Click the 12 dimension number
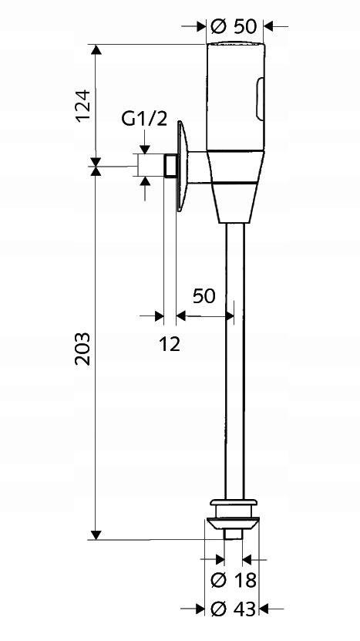coord(170,344)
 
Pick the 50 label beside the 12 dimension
coord(204,296)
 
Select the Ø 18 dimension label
coord(234,579)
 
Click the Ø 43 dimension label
coord(234,610)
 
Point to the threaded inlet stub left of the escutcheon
coord(170,165)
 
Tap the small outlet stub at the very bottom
coord(233,535)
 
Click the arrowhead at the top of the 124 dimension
coord(96,51)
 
